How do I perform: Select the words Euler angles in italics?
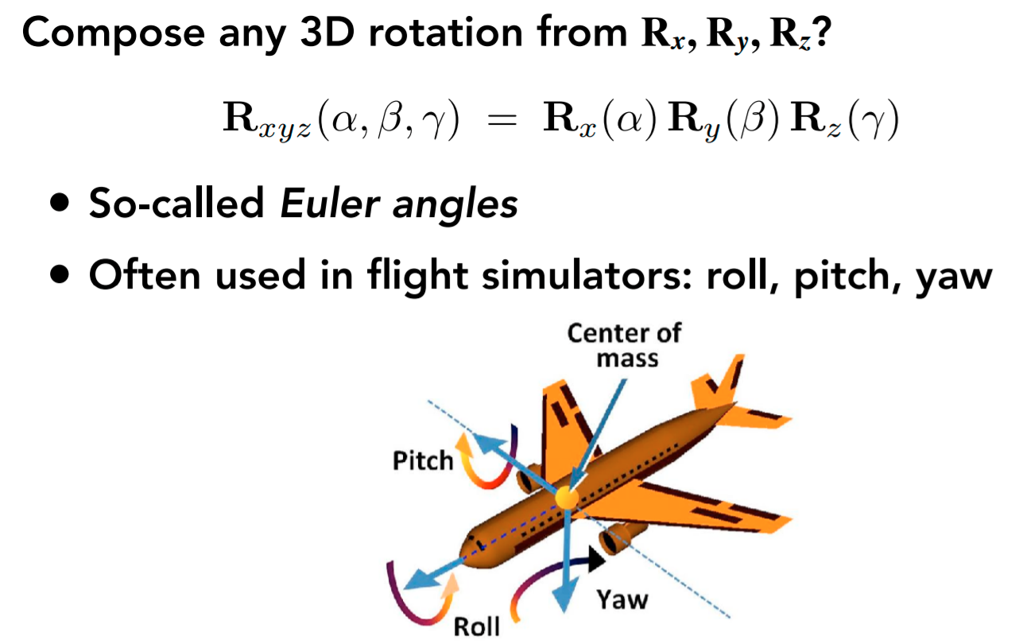(399, 204)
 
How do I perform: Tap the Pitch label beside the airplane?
(423, 460)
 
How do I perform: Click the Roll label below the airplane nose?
(477, 626)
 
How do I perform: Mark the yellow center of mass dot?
(567, 497)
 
